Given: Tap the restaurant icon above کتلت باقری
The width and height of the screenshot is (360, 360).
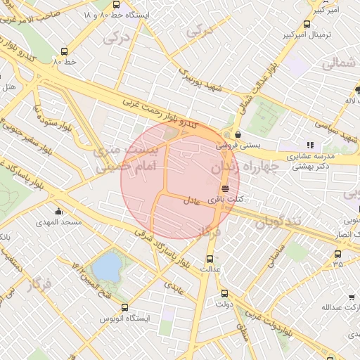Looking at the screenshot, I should click(225, 188).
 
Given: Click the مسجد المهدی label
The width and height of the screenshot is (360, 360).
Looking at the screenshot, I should click(61, 221).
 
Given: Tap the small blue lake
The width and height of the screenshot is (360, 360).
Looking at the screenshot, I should click(108, 266).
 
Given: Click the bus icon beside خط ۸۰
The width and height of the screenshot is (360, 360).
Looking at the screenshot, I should click(65, 51).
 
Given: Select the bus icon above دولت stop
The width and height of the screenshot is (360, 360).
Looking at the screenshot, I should click(224, 293).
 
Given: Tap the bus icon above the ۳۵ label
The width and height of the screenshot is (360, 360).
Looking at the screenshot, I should click(338, 254).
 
